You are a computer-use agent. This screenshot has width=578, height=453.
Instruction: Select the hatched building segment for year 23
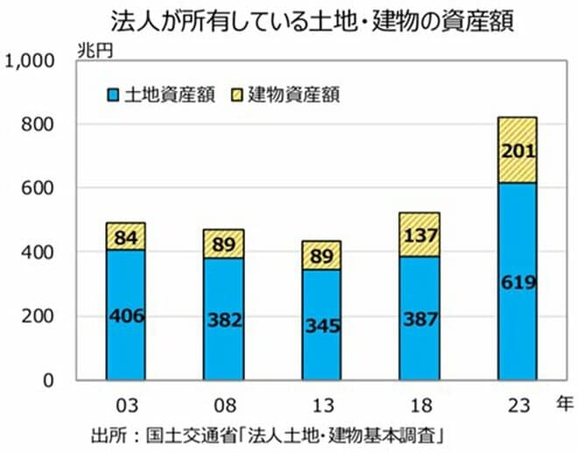coord(517,131)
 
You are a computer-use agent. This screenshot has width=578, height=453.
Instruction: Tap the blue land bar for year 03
coord(126,350)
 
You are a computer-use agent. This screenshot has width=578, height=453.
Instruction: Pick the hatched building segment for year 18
coord(419,223)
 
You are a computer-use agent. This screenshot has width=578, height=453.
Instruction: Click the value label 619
coord(517,282)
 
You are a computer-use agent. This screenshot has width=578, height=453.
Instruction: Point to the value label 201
coord(517,151)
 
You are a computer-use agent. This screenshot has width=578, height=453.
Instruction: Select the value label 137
coord(419,235)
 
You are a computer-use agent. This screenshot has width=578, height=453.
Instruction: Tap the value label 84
coord(126,237)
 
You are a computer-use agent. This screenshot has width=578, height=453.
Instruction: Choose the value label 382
coord(224,320)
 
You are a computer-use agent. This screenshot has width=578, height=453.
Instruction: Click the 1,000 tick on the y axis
coord(30,61)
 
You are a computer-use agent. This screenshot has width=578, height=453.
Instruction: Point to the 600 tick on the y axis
coord(39,188)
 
